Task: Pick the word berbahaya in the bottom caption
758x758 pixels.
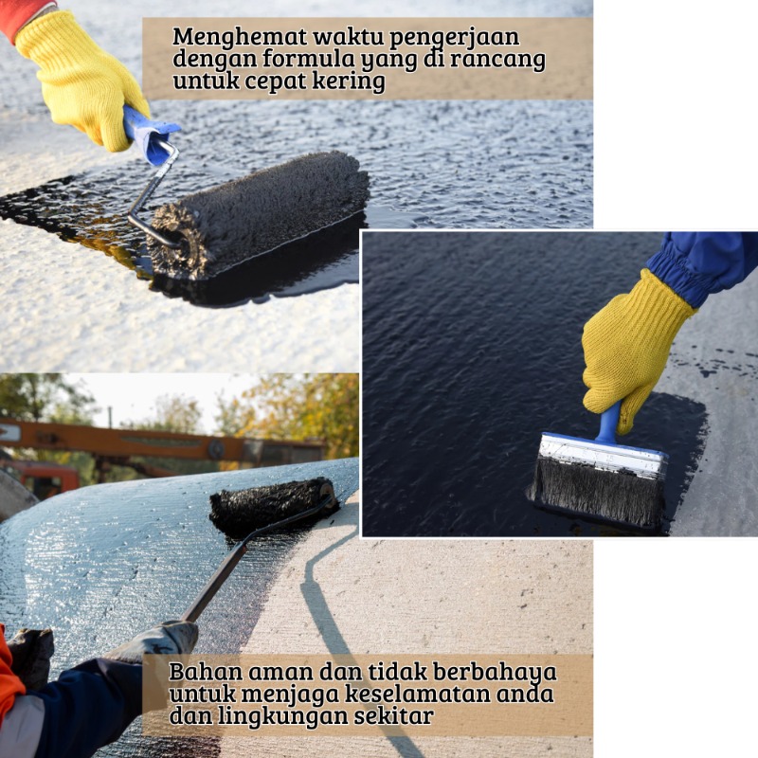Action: click(x=495, y=672)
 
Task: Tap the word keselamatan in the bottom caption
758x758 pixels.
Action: click(x=416, y=694)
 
